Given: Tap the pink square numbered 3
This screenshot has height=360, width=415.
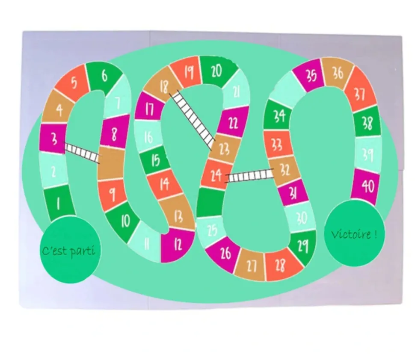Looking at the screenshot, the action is click(53, 139).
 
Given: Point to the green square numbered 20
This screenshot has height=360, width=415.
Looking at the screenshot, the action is click(218, 71).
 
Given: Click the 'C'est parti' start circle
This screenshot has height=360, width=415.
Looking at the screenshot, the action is click(70, 249).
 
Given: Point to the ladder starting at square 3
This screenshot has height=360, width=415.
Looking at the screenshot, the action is click(82, 153).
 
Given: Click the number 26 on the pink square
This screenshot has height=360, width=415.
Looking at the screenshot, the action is click(225, 253).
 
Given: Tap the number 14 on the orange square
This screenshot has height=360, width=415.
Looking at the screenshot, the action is click(164, 183).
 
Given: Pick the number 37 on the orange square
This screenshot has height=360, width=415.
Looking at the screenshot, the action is click(359, 94).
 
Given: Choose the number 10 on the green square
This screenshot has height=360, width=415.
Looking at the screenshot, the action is click(125, 221).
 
